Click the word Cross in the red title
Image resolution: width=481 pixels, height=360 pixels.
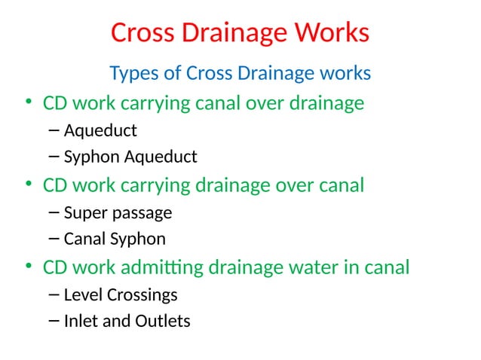pos(139,33)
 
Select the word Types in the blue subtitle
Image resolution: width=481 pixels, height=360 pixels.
pos(133,74)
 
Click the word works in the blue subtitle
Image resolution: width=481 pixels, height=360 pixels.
pos(345,74)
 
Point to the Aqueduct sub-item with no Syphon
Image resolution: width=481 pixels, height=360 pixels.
pos(100,131)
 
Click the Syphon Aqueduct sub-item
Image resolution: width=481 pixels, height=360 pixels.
pos(130,157)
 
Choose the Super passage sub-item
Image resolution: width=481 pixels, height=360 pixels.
pos(118,213)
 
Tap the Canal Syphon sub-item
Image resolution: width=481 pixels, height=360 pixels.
pos(115,239)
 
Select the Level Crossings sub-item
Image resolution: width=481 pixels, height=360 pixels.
pos(121,294)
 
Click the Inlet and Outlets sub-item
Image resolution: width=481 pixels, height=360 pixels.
pos(127,322)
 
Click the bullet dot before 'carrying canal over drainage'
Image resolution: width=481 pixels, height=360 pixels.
pos(28,103)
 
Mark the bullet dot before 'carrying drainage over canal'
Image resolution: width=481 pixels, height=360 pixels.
pos(28,185)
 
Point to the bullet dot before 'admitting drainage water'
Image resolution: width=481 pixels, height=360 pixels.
pos(28,267)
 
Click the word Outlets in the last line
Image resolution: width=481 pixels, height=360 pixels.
pos(162,322)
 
